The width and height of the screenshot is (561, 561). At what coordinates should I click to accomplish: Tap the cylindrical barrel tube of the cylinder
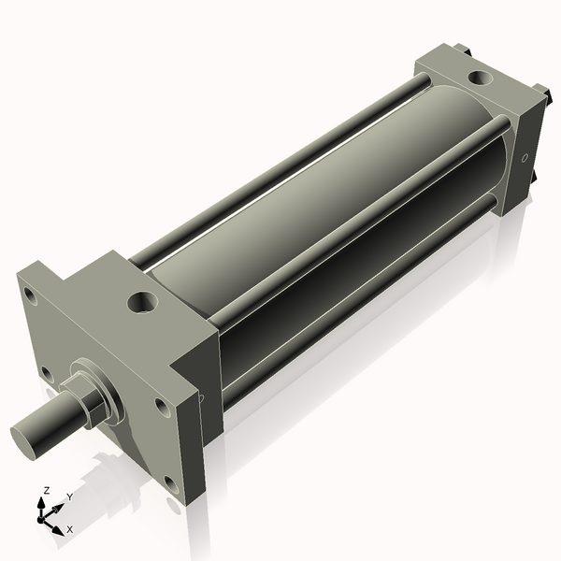pyautogui.click(x=309, y=215)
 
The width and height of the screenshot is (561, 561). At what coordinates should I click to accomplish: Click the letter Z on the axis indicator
pyautogui.click(x=47, y=490)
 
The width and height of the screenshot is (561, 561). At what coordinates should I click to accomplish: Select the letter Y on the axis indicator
pyautogui.click(x=69, y=496)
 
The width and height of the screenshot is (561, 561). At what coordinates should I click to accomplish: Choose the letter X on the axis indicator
pyautogui.click(x=69, y=529)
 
